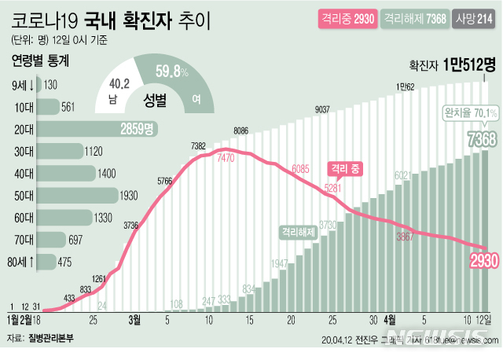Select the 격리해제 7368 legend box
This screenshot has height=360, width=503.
click(413, 17)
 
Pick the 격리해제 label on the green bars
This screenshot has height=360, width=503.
click(296, 232)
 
